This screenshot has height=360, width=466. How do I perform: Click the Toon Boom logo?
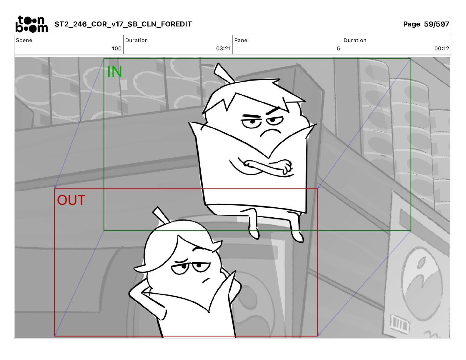[32, 24]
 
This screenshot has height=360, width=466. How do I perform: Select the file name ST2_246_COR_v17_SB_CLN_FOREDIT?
[123, 24]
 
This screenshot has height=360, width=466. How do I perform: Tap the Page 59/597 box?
[426, 24]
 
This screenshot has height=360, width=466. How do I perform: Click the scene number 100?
[117, 49]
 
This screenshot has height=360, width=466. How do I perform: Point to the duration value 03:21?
[223, 49]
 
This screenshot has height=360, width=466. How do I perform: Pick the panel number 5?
[338, 49]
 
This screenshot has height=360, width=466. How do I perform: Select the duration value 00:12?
[442, 49]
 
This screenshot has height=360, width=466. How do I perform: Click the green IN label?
[114, 71]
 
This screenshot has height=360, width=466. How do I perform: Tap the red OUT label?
[71, 200]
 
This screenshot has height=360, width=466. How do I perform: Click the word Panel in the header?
[242, 40]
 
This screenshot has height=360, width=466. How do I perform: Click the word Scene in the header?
[24, 40]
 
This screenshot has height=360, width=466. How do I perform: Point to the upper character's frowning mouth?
[270, 133]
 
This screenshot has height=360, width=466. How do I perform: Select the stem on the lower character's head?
[161, 216]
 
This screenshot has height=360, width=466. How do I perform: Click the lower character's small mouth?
[206, 280]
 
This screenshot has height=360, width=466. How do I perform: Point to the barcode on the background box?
[400, 324]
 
